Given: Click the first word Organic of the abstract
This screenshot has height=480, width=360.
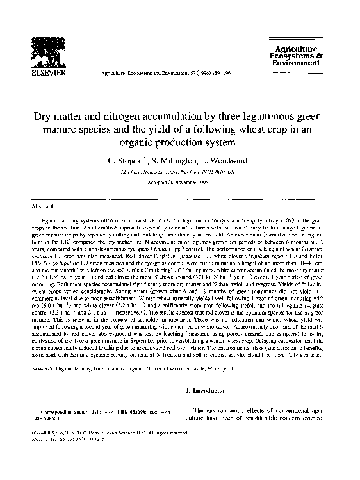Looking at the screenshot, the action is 50,220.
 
